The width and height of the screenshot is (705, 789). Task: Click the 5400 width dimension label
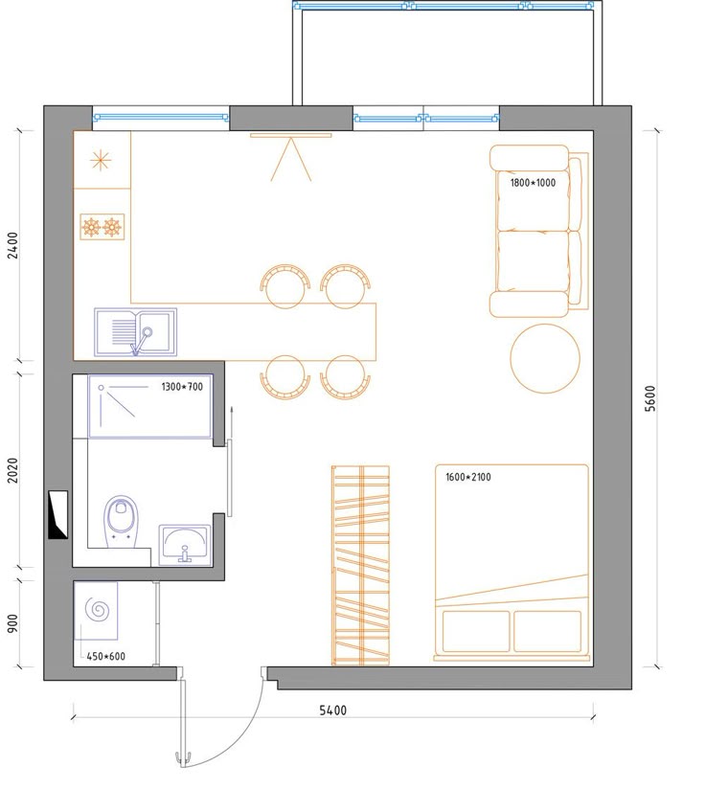332,710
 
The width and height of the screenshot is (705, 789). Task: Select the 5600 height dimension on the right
650,398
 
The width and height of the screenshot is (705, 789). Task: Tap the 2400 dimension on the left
12,245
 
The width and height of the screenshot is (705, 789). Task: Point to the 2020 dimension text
12,470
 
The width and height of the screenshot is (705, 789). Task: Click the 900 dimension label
12,623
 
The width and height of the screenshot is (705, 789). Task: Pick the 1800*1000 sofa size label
533,183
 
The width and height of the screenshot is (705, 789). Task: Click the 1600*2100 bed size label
468,477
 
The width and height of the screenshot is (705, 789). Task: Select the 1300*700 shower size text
182,387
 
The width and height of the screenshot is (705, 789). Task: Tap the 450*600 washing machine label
105,656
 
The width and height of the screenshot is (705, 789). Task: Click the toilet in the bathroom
121,522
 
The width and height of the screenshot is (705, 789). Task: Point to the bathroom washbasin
185,545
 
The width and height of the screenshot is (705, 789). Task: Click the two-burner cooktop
102,227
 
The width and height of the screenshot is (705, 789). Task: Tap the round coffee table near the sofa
545,358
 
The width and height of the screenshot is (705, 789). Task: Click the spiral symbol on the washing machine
97,610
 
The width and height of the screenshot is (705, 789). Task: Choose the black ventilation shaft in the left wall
57,515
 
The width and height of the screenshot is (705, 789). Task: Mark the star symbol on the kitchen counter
101,161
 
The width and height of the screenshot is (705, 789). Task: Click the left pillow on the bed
475,632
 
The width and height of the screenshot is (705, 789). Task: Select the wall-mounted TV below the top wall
291,135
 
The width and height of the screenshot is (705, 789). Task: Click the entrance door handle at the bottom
183,757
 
